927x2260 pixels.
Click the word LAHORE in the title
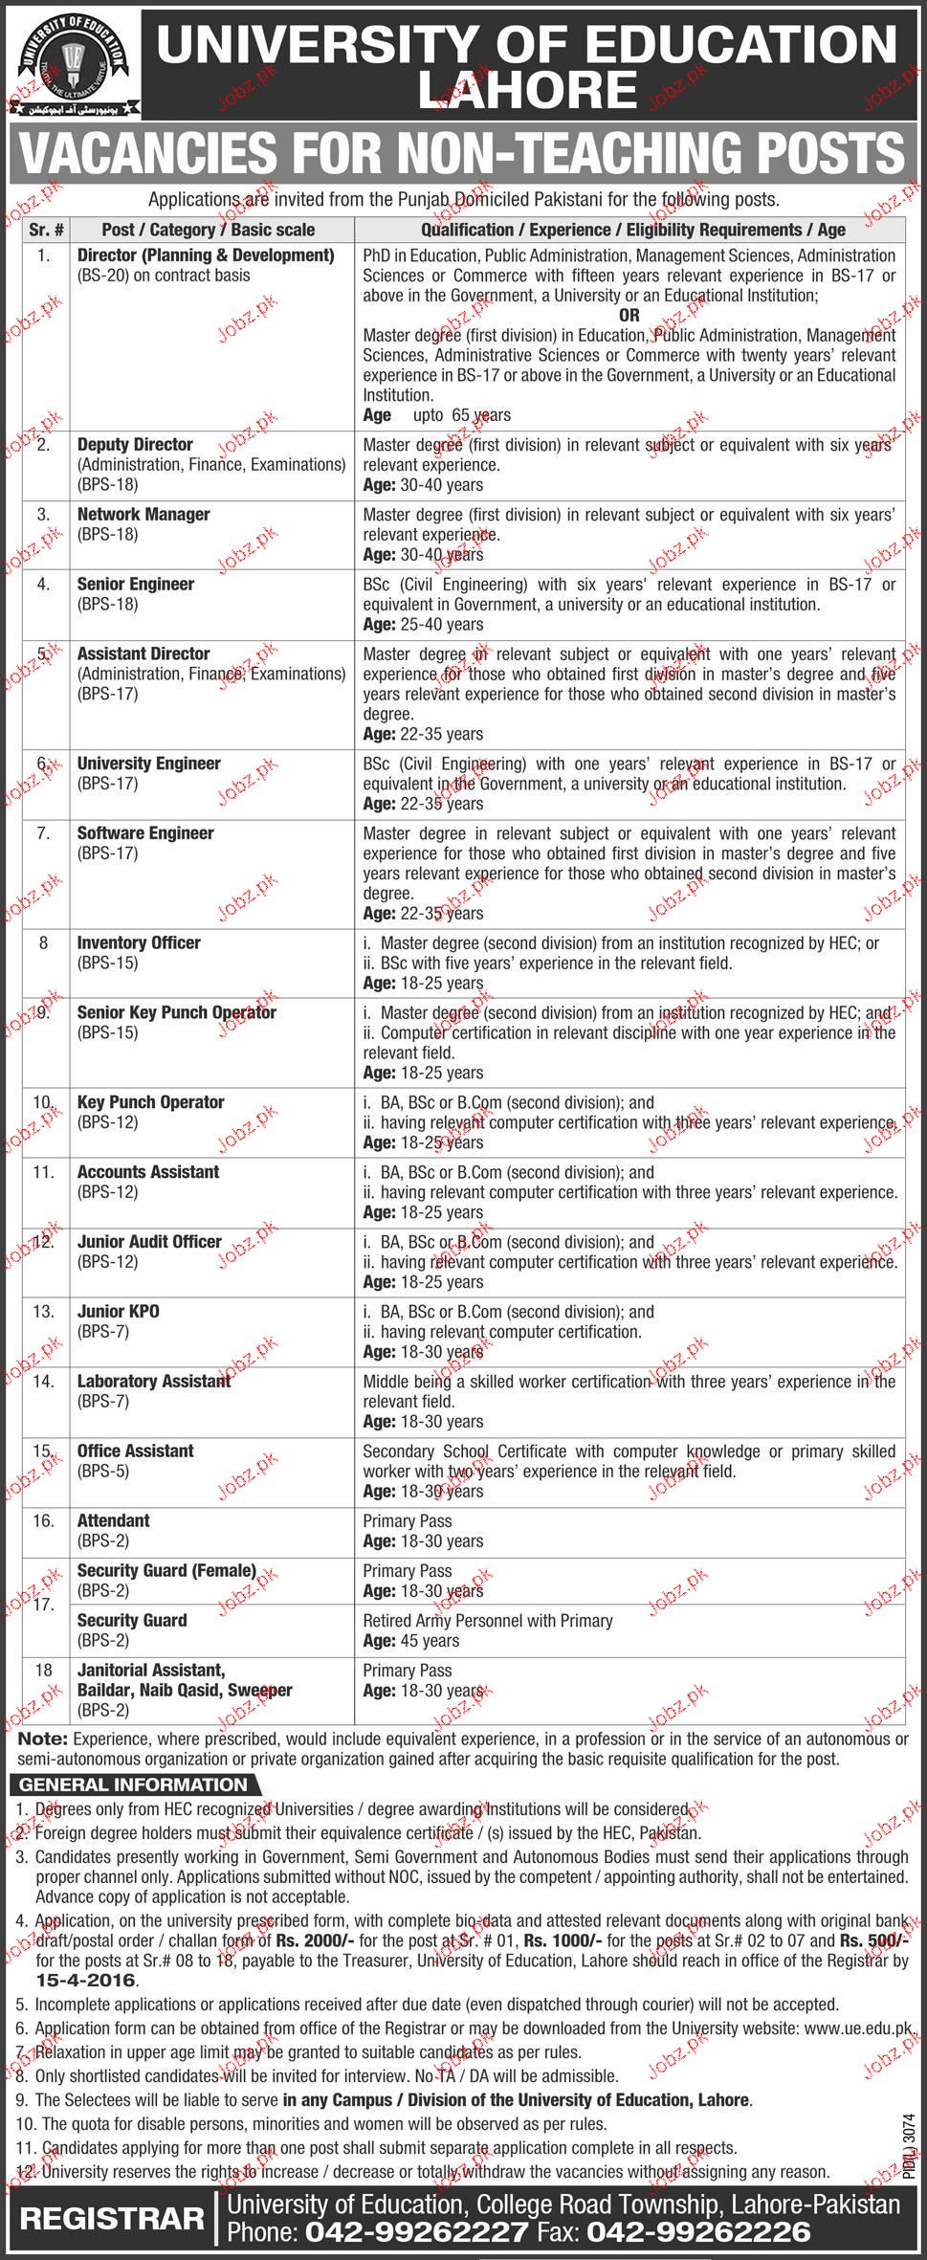[x=527, y=91]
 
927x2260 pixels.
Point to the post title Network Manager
[x=143, y=515]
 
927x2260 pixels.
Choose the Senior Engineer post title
[x=135, y=585]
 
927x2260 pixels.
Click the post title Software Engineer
[x=145, y=833]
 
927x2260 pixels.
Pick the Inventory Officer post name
[x=139, y=943]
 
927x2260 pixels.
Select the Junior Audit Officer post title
[x=149, y=1242]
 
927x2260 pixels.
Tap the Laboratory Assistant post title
[x=154, y=1382]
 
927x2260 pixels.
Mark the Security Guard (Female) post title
[x=166, y=1571]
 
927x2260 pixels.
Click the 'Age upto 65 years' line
[x=436, y=415]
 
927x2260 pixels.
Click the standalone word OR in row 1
[x=629, y=315]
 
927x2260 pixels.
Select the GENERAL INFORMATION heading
[x=133, y=1785]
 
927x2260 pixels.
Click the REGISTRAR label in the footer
[x=112, y=2220]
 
